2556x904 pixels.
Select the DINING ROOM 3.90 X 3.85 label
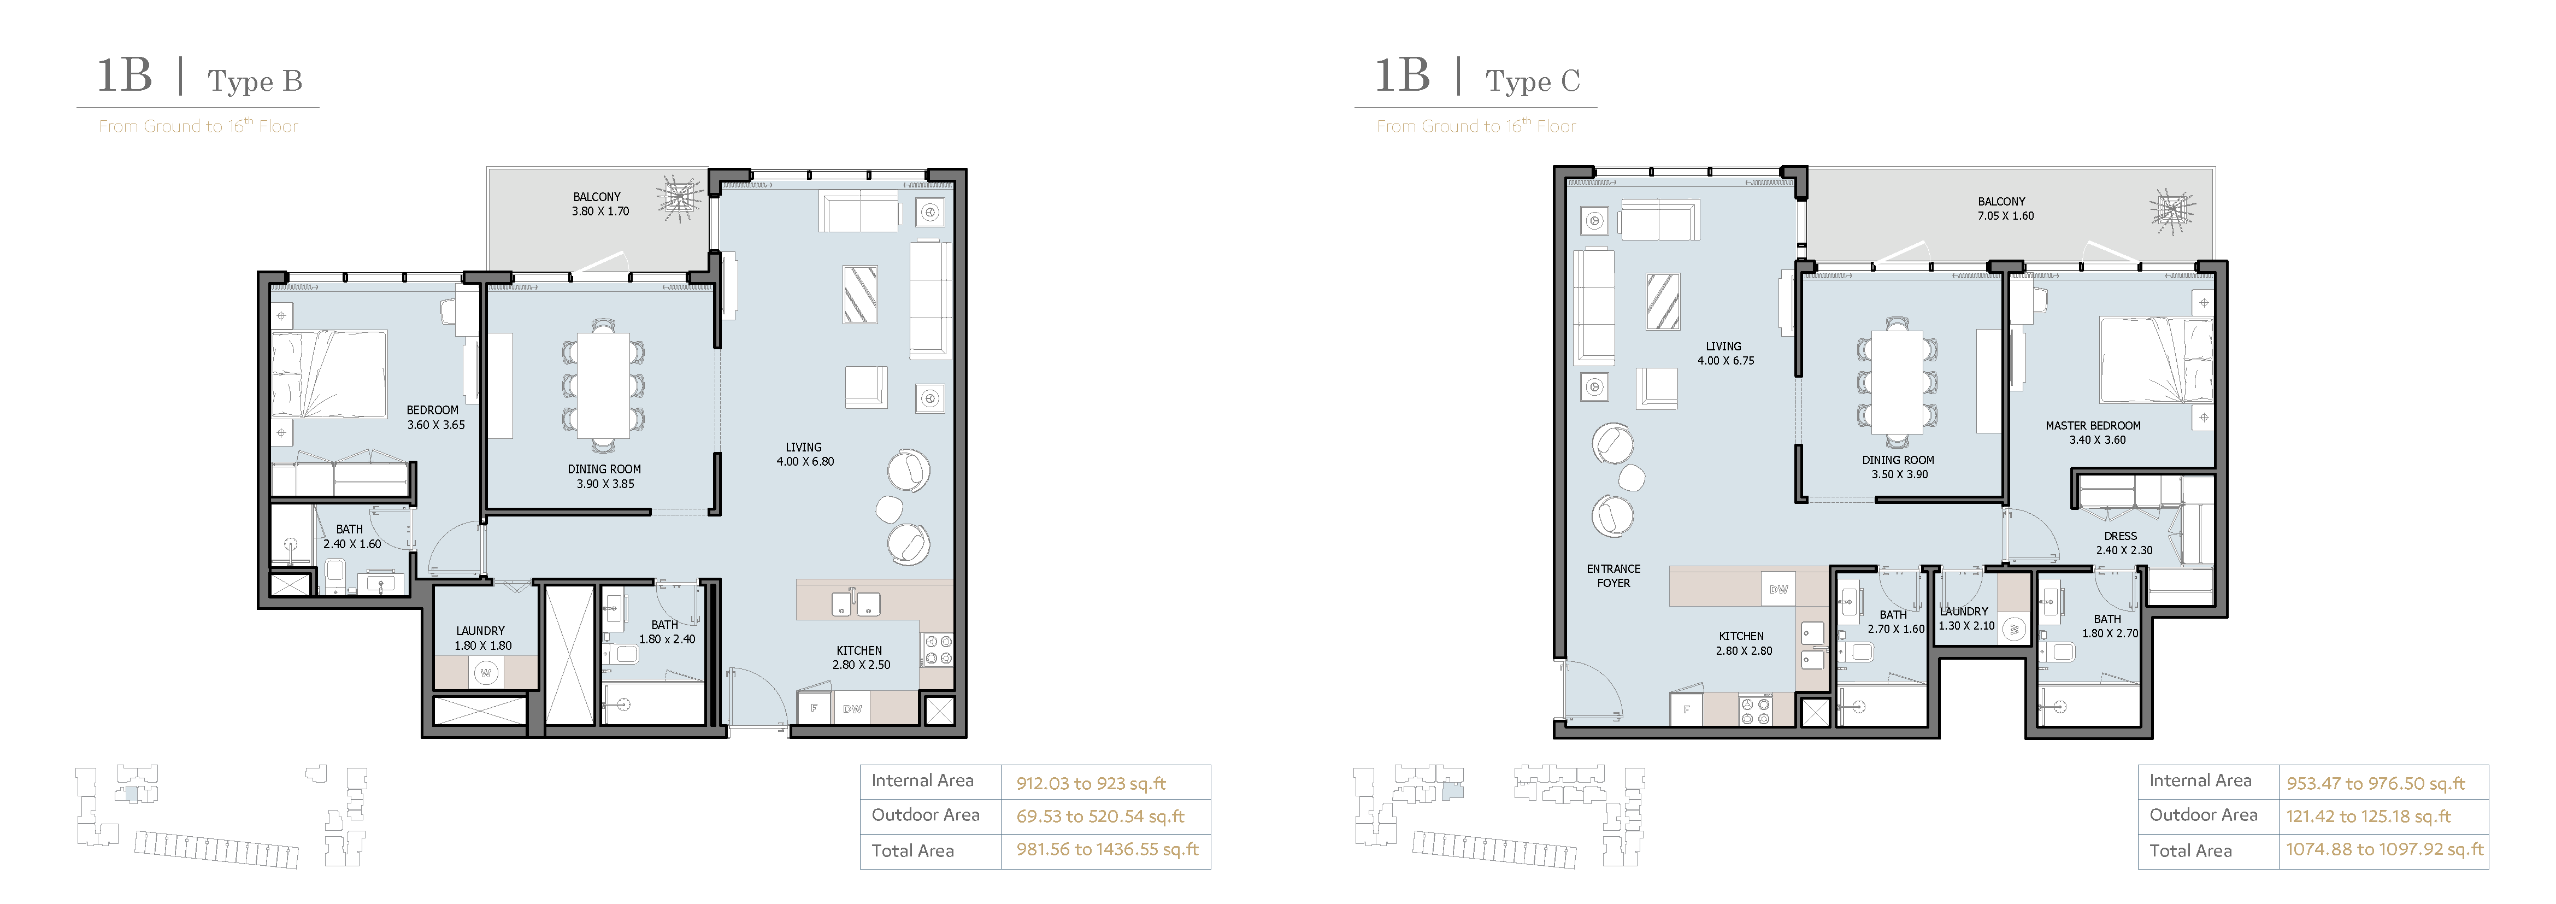[x=604, y=476]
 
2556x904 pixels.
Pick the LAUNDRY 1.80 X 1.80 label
[x=481, y=638]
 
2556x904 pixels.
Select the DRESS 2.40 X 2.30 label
[x=2123, y=543]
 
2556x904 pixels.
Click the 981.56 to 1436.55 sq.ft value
[x=1108, y=849]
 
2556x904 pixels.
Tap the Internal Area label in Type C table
[x=2200, y=781]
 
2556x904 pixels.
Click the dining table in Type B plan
[x=603, y=385]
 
